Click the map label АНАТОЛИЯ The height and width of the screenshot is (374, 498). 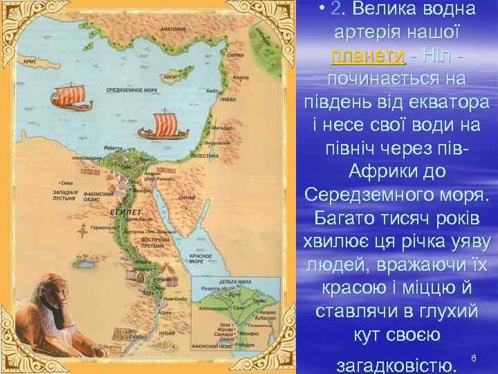[172, 29]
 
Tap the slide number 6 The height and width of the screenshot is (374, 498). [474, 357]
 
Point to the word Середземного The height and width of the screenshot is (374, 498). [372, 195]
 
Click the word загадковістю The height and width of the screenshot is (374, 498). [395, 363]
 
